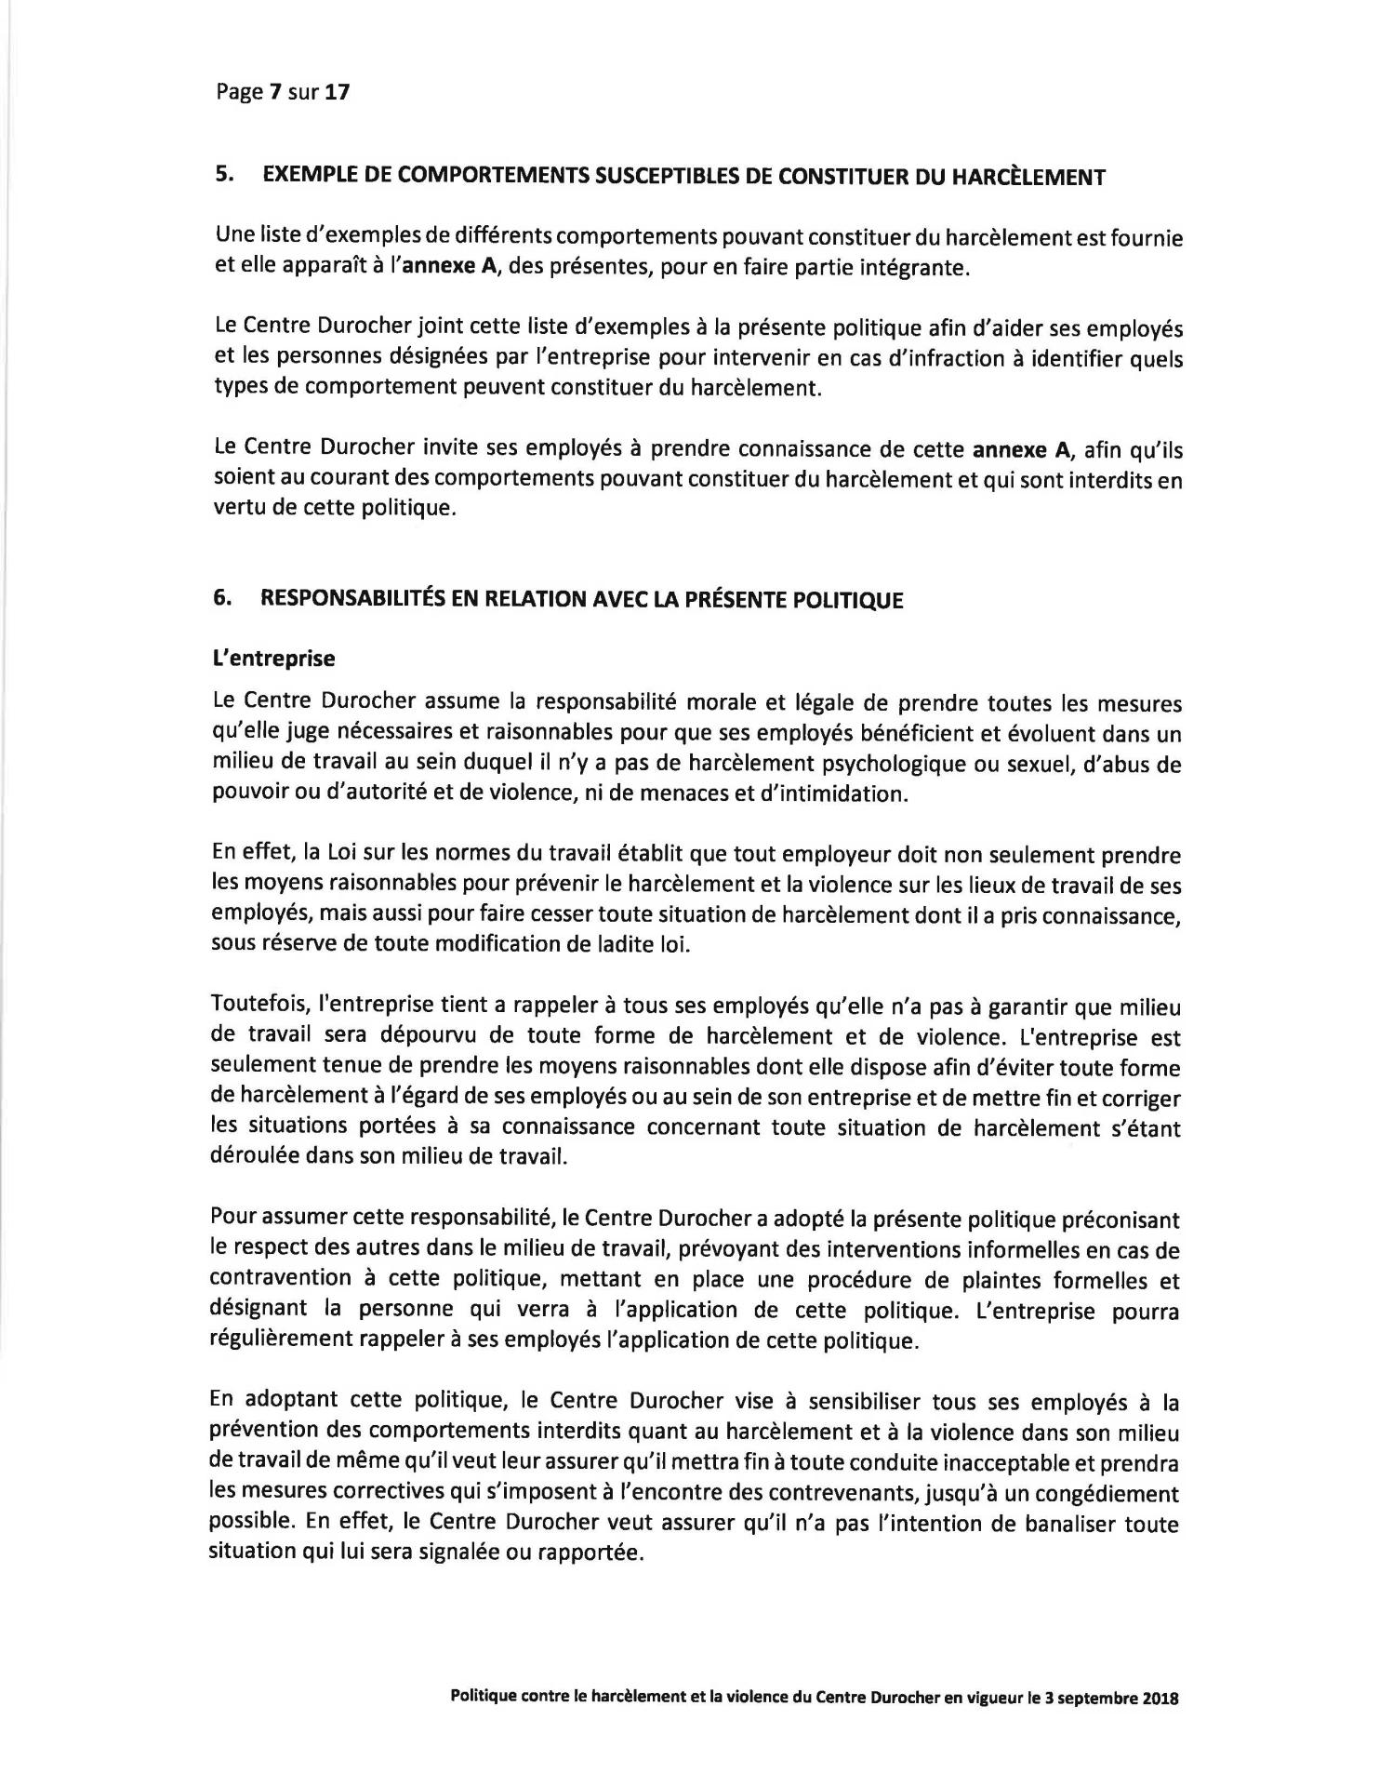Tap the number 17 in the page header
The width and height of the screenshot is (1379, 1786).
(x=337, y=92)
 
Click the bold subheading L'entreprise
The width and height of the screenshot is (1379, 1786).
(x=274, y=659)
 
